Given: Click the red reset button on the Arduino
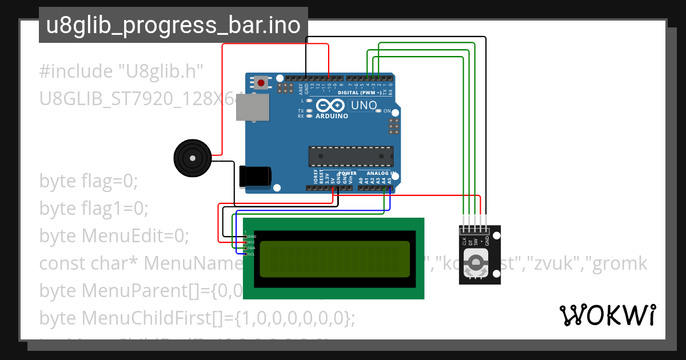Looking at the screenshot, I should click(261, 83).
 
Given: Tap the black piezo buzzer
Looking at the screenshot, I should click(192, 158).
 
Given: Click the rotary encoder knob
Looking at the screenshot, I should click(476, 263).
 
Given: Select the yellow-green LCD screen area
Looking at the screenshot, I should click(334, 259).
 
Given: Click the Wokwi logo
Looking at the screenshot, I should click(607, 315).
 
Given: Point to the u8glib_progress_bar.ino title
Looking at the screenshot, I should click(173, 26).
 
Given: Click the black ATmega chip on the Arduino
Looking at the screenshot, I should click(351, 156).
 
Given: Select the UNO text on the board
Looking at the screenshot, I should click(363, 106).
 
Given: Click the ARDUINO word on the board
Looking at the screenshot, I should click(332, 116).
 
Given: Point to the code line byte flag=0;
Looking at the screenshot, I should click(89, 181).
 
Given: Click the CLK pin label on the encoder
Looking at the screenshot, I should click(464, 241).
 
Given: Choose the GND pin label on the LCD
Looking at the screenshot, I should click(252, 236).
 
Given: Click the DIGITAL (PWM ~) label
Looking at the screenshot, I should click(360, 93).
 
